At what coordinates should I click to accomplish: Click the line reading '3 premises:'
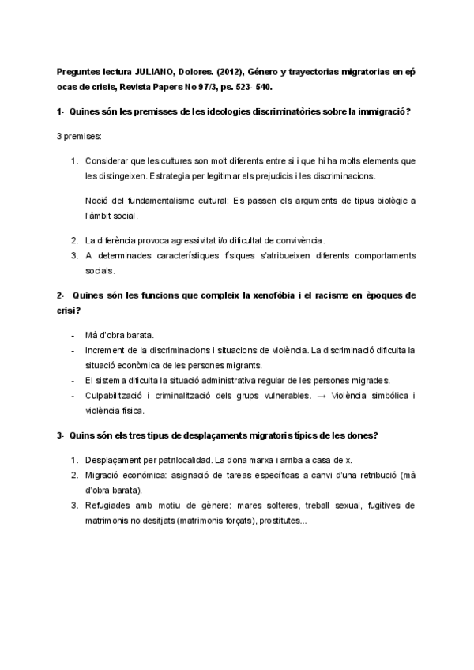(78, 137)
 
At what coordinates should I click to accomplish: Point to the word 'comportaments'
(378, 255)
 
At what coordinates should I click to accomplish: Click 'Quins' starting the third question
(82, 435)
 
